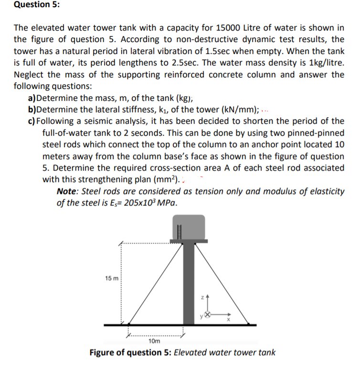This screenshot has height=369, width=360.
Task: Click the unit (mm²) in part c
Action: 164,180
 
